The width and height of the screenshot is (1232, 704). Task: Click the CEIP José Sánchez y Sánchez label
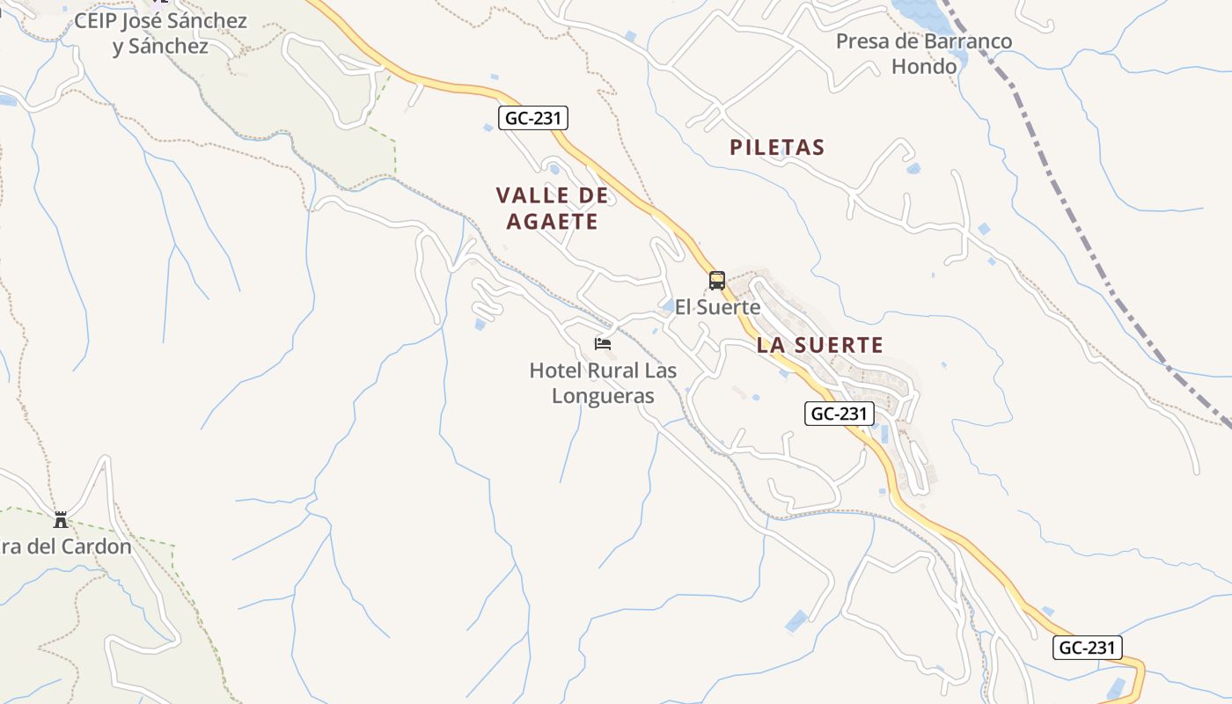click(x=160, y=33)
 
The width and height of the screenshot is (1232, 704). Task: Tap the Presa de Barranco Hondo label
click(x=924, y=53)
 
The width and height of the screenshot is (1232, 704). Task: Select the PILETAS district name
click(x=777, y=148)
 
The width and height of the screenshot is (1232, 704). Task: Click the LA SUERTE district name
click(x=819, y=345)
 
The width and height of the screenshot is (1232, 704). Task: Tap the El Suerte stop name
click(x=717, y=307)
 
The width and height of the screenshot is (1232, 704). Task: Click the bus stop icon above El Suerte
click(x=717, y=281)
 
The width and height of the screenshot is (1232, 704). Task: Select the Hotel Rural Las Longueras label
click(x=603, y=383)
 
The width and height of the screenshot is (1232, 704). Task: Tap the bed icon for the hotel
click(x=603, y=343)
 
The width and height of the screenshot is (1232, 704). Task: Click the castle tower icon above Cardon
click(x=61, y=519)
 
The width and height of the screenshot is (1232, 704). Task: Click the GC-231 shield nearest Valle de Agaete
click(x=533, y=118)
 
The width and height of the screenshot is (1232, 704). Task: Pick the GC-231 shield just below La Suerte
click(x=840, y=414)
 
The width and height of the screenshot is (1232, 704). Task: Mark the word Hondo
click(x=924, y=66)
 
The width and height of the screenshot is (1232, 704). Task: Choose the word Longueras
click(x=603, y=396)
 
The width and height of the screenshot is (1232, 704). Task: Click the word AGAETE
click(x=552, y=222)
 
